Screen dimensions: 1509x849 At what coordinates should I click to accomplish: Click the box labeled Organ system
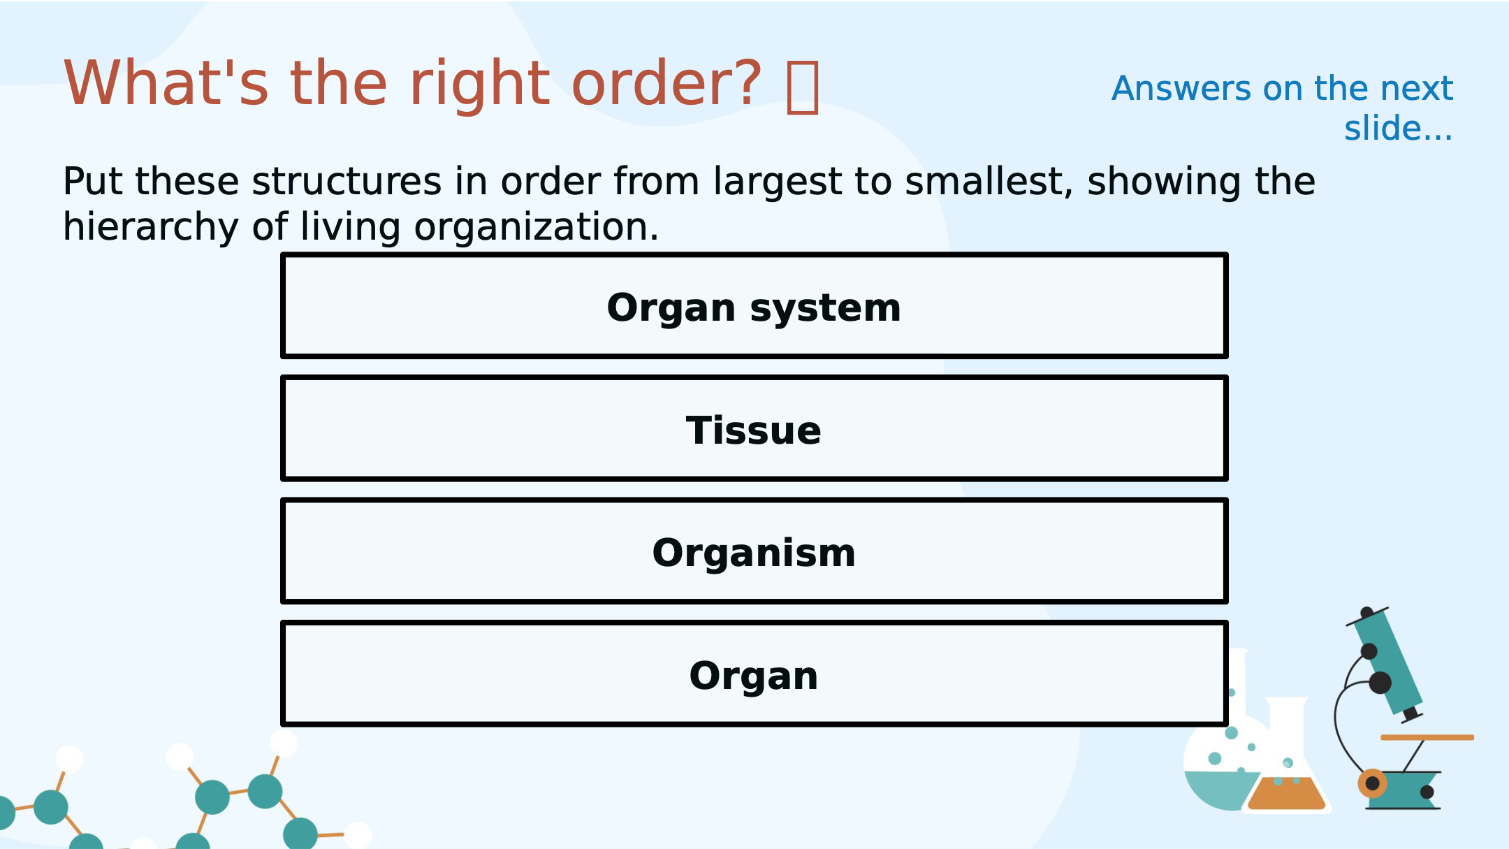pos(754,305)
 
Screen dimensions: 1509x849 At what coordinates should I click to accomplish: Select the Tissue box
pos(754,428)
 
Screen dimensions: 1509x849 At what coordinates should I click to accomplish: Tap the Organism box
pos(754,551)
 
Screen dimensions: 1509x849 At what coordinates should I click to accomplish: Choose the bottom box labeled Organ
pos(754,674)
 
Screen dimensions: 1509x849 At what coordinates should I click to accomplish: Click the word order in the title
pos(666,83)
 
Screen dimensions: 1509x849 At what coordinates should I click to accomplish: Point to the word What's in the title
pos(166,83)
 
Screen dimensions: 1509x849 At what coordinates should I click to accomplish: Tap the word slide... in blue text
pos(1399,129)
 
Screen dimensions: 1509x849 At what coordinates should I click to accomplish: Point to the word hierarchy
pos(151,228)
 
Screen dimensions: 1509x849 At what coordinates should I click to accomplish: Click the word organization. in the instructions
pos(537,228)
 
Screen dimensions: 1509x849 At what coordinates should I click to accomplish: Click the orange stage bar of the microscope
pos(1427,737)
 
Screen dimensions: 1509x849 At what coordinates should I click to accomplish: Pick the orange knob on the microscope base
pos(1372,783)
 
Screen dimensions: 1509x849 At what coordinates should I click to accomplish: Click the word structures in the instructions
pos(347,182)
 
